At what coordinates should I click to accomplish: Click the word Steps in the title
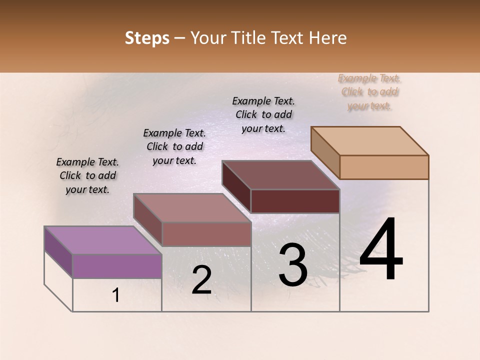(x=147, y=38)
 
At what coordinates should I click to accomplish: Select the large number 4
(x=381, y=249)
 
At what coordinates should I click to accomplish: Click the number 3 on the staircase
(x=293, y=265)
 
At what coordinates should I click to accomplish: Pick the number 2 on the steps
(x=201, y=280)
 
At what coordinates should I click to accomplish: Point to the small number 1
(x=116, y=295)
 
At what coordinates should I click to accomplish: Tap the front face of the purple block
(x=117, y=266)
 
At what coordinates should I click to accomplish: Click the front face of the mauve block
(x=206, y=234)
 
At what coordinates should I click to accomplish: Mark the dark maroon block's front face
(x=295, y=201)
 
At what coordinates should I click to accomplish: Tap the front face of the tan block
(x=384, y=167)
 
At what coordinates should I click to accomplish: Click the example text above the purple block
(x=88, y=175)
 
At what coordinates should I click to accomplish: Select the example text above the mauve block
(x=174, y=146)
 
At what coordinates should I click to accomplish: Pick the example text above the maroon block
(x=263, y=114)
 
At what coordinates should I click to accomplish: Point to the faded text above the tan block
(x=369, y=91)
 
